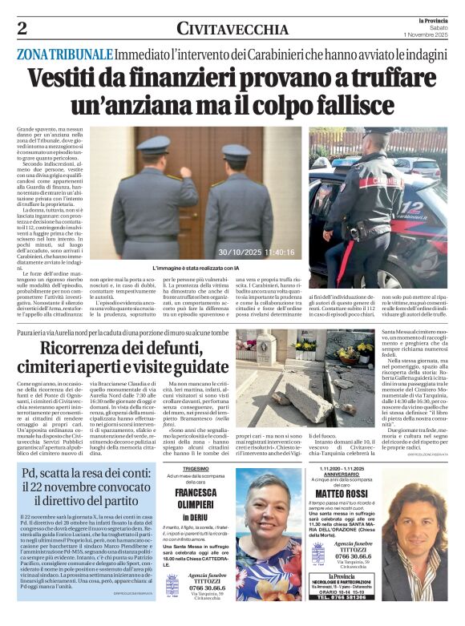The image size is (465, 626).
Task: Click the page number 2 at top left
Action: [x=22, y=30]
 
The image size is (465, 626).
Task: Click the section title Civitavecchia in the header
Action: [x=232, y=30]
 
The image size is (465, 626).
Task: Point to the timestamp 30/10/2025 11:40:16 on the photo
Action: [x=256, y=251]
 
